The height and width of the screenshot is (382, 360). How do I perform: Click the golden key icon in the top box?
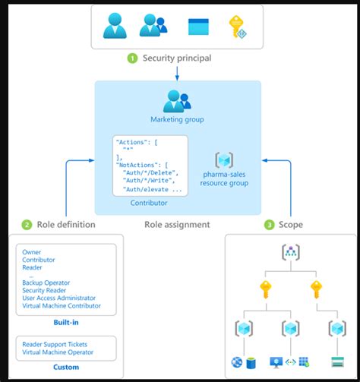(237, 27)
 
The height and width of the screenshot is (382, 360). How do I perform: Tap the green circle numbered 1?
(132, 58)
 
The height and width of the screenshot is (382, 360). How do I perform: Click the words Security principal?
(176, 58)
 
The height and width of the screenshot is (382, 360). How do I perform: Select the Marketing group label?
(178, 119)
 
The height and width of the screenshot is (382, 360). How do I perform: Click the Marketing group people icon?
(178, 101)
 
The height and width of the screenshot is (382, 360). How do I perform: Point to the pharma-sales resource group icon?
(224, 159)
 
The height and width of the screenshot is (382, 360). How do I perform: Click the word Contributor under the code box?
(150, 203)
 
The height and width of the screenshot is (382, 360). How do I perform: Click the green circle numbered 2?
(26, 225)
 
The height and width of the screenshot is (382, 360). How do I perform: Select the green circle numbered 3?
(269, 225)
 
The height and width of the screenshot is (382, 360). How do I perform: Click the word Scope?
(290, 225)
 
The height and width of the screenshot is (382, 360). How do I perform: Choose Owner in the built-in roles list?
(32, 252)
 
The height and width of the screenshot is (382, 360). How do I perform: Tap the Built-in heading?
(65, 322)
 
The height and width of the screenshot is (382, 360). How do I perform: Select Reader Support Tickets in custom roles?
(55, 344)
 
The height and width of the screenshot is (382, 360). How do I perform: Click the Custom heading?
(65, 368)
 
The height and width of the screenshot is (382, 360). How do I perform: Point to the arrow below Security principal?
(177, 73)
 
